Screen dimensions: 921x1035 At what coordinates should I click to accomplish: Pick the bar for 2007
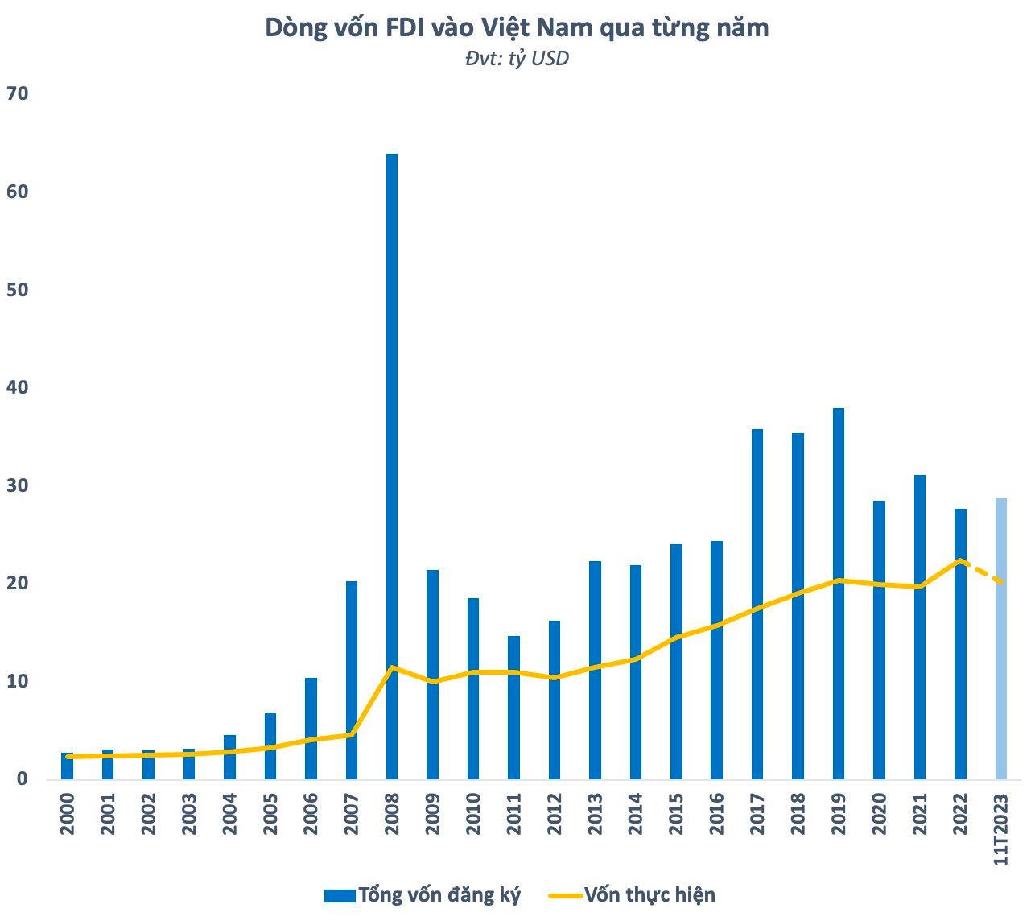tap(352, 679)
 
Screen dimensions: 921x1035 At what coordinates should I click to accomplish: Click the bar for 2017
tap(757, 604)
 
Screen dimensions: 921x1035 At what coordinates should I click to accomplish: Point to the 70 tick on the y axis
tap(17, 94)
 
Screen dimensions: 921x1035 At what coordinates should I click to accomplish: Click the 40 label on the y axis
tap(17, 388)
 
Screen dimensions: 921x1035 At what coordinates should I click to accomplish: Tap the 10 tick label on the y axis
tap(17, 682)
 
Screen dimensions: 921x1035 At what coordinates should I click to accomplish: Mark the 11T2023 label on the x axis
tap(1001, 829)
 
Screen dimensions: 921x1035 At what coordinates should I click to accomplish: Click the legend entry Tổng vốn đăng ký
tap(439, 894)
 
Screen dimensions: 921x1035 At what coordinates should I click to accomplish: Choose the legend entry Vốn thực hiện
tap(649, 894)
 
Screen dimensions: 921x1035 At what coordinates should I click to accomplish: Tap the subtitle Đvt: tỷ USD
tap(517, 59)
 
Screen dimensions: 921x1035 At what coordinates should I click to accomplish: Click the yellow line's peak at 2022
tap(960, 560)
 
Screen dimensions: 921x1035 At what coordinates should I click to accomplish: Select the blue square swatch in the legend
tap(339, 895)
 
